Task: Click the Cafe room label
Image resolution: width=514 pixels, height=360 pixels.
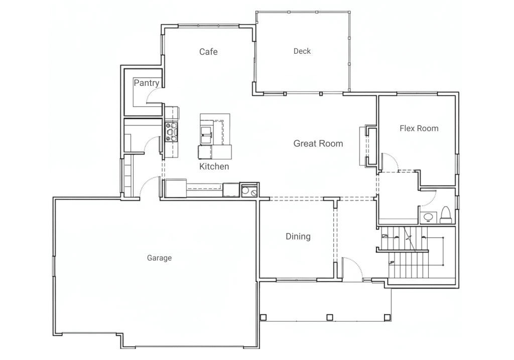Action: tap(208, 52)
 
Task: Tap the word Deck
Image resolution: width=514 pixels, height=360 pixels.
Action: tap(302, 51)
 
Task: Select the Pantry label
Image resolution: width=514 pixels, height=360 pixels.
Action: tap(146, 83)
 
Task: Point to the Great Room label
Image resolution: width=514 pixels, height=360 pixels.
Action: tap(318, 143)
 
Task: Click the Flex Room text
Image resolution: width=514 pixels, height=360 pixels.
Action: tap(419, 128)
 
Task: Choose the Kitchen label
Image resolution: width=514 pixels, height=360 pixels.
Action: tap(214, 166)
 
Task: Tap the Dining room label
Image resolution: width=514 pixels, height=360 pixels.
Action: tap(298, 236)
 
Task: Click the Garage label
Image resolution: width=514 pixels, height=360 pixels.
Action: tap(159, 258)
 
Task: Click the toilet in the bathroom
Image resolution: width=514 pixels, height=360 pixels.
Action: tap(446, 215)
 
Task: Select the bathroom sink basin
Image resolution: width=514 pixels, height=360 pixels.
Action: tap(428, 217)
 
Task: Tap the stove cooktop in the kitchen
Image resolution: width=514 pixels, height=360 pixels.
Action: tap(171, 132)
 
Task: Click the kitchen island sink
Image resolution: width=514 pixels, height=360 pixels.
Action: tap(206, 136)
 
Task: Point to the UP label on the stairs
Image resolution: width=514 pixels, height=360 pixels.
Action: tap(391, 263)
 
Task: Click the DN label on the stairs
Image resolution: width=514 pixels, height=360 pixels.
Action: tap(385, 236)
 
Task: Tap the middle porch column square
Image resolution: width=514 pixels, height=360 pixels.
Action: tap(330, 317)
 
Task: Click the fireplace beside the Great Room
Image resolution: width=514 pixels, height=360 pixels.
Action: tap(368, 146)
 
